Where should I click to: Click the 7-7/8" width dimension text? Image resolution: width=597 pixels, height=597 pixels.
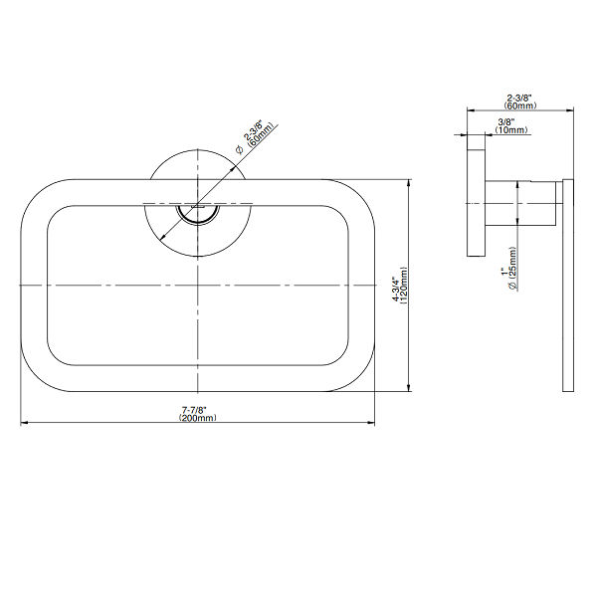[x=194, y=410]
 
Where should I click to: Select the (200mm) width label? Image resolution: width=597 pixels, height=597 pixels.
[x=198, y=418]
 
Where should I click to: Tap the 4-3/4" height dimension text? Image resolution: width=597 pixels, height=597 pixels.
[x=397, y=290]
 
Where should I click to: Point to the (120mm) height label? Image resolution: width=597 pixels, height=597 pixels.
[x=404, y=286]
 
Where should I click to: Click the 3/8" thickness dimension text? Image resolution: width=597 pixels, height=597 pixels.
[x=506, y=122]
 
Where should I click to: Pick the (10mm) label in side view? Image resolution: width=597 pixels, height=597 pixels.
[x=511, y=129]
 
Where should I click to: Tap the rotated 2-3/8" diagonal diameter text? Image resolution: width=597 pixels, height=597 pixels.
[x=254, y=131]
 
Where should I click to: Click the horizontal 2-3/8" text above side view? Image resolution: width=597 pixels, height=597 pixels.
[x=519, y=99]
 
